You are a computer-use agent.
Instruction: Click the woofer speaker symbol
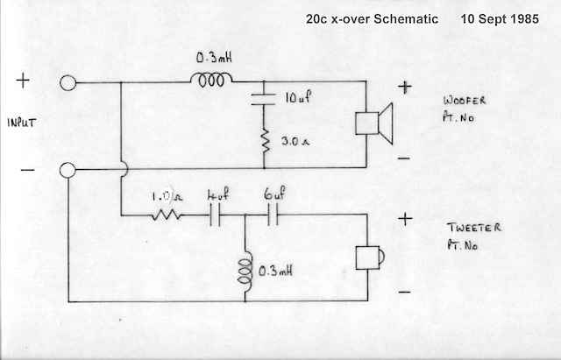pos(373,124)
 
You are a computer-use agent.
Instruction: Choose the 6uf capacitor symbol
pos(273,215)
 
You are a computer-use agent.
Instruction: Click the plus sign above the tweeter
pos(404,219)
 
